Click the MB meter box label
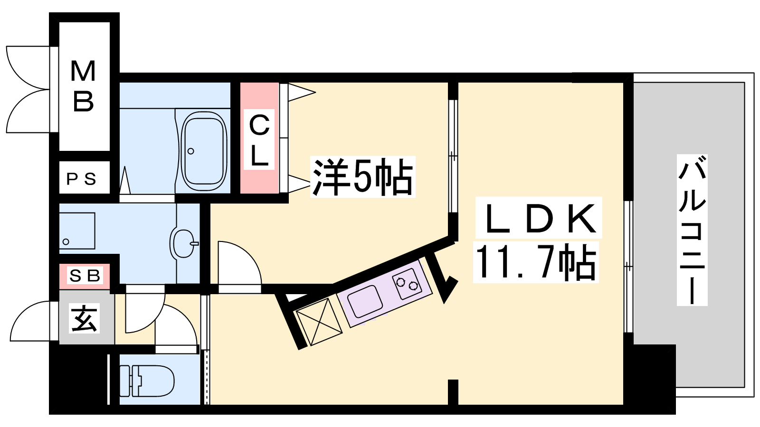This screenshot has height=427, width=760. (83, 86)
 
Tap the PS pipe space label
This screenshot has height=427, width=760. (81, 179)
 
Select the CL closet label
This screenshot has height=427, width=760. (259, 140)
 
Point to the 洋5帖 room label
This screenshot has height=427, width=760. (362, 176)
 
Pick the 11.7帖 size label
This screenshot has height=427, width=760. (536, 263)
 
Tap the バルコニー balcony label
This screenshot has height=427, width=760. (692, 230)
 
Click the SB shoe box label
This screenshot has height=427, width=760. (85, 276)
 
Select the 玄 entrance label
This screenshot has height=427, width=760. (85, 318)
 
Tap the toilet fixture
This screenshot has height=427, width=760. (147, 381)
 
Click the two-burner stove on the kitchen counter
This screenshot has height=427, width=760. (407, 283)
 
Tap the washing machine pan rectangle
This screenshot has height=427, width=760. (77, 231)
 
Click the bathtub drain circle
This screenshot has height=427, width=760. (190, 151)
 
